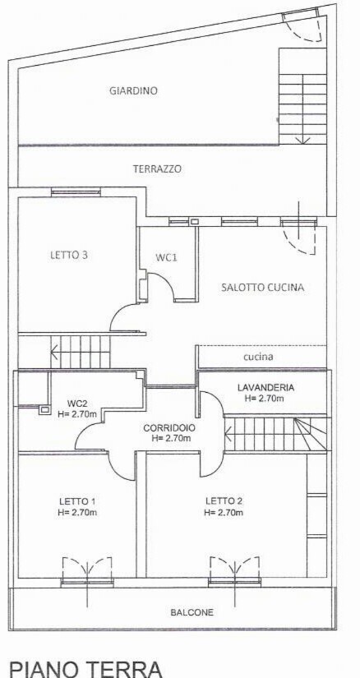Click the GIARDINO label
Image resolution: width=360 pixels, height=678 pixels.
click(x=133, y=90)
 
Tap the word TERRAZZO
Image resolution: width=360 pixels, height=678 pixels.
click(x=157, y=169)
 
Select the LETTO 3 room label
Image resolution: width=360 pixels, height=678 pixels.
click(x=69, y=255)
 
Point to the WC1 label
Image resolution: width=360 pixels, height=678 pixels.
click(x=167, y=257)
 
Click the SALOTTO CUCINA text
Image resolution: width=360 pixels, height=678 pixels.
click(x=263, y=287)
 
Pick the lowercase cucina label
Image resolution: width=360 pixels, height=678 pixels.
click(x=258, y=357)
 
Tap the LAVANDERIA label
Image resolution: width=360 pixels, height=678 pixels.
click(x=266, y=387)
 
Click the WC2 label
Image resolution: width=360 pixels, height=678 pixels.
click(x=78, y=404)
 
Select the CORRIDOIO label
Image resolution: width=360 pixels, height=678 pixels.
click(x=169, y=428)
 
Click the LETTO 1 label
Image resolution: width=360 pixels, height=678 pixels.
click(x=77, y=501)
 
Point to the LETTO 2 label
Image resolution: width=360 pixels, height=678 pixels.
click(x=224, y=501)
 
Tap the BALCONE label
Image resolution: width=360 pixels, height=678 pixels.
click(x=192, y=613)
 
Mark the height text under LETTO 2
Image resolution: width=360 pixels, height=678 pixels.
click(x=224, y=513)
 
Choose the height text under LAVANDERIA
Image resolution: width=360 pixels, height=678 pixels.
click(x=265, y=399)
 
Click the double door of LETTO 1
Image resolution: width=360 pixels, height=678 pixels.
click(x=87, y=569)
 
